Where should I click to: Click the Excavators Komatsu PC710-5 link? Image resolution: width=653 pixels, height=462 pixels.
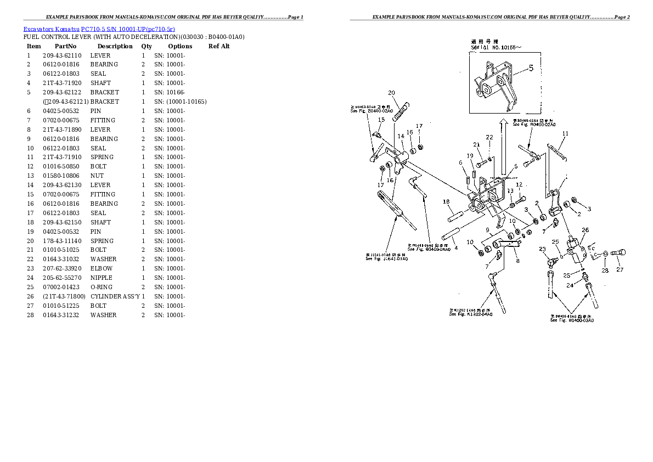(x=99, y=28)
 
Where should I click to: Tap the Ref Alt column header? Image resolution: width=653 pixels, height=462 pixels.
(x=219, y=46)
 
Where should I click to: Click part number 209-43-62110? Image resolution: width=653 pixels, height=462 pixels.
(x=62, y=55)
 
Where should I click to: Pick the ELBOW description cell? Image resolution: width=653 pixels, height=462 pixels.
(x=102, y=268)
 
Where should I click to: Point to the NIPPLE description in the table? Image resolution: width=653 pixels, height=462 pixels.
(x=102, y=278)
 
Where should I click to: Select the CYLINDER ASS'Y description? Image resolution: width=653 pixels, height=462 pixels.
(x=115, y=296)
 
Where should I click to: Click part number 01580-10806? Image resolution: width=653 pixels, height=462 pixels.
(x=62, y=176)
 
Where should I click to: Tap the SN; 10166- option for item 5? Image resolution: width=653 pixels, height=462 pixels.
(x=170, y=92)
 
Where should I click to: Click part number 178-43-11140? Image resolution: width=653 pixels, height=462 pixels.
(x=62, y=241)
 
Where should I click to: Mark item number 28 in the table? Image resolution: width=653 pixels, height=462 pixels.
(x=29, y=315)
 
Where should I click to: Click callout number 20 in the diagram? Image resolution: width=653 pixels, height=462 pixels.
(x=391, y=93)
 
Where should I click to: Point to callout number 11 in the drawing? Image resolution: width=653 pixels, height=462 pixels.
(x=565, y=133)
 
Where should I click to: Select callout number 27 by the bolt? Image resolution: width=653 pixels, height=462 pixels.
(x=620, y=269)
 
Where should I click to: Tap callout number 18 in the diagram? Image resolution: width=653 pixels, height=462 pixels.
(x=446, y=201)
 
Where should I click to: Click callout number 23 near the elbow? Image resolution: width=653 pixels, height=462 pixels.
(x=542, y=249)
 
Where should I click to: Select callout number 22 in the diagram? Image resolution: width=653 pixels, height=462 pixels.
(x=489, y=137)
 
